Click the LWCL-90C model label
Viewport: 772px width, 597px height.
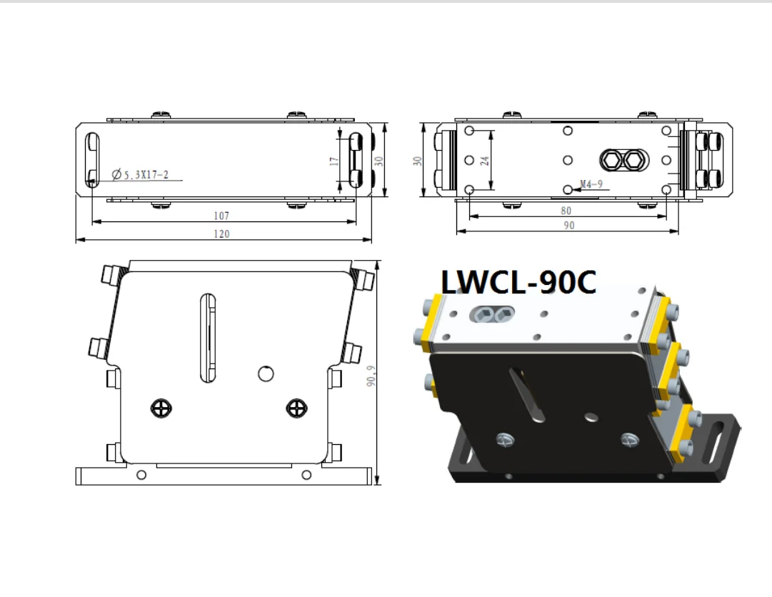(518, 282)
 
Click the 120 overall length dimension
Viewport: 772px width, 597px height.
(222, 234)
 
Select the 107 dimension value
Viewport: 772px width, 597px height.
(222, 215)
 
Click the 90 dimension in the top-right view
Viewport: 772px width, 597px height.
(569, 225)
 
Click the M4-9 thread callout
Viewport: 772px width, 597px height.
(592, 184)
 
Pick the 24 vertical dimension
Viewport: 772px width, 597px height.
(485, 160)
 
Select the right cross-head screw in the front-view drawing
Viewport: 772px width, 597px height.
(296, 408)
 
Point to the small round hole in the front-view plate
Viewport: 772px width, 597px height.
(266, 373)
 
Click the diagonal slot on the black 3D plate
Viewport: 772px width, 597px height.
(528, 393)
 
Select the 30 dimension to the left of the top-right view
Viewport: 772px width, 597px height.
(417, 161)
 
